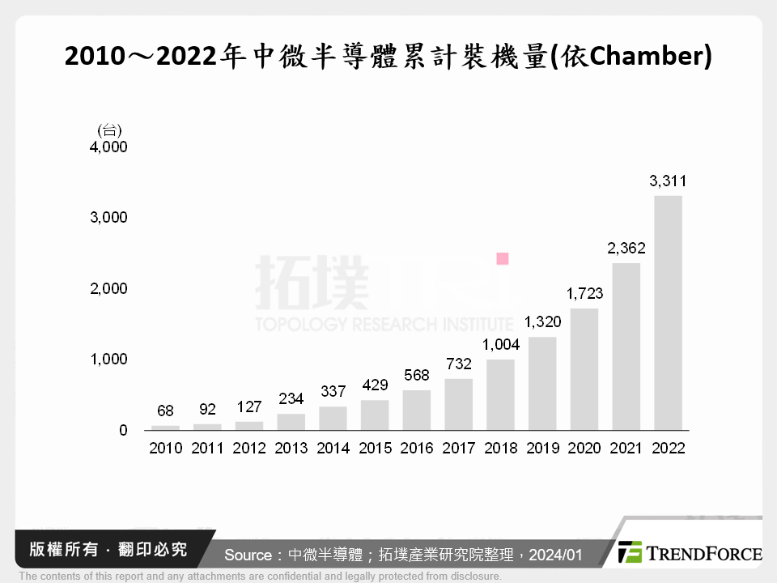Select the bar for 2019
pos(541,383)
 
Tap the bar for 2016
pos(417,410)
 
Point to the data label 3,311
pos(668,181)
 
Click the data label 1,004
pos(501,345)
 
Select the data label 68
pos(165,411)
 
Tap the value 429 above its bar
pos(375,385)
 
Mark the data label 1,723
pos(584,294)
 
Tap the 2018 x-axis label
pos(500,448)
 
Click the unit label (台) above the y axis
pos(108,130)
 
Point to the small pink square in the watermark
pos(503,258)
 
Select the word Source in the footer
pos(248,555)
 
